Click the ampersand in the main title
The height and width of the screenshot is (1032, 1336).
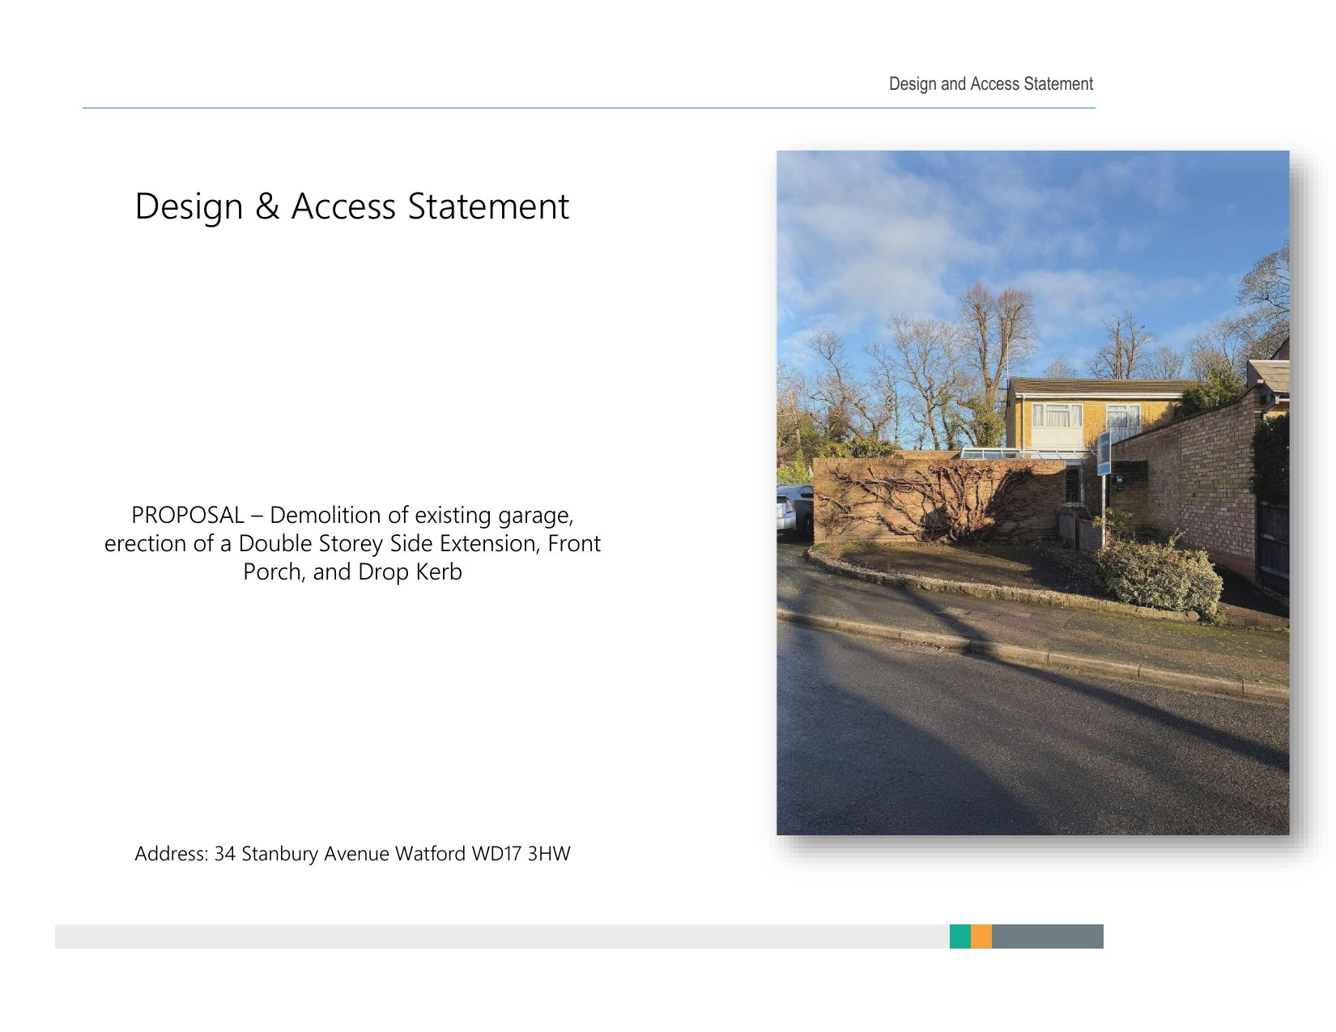click(x=267, y=206)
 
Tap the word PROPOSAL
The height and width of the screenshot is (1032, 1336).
click(x=188, y=515)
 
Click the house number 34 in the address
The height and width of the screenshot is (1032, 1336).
click(x=224, y=853)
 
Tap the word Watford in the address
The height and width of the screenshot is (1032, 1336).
click(x=430, y=853)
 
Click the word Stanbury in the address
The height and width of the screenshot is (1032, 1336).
click(x=279, y=855)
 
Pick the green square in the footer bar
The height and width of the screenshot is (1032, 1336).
click(x=959, y=936)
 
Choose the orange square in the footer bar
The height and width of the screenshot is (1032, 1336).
click(x=981, y=936)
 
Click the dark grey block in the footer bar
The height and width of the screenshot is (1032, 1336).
click(x=1047, y=936)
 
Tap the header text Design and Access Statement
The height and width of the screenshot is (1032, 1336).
click(x=990, y=84)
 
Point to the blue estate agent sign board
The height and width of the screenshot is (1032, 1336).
click(x=1104, y=453)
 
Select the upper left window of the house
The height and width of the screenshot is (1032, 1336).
click(x=1057, y=415)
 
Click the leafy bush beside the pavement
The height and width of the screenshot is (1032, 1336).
click(x=1159, y=574)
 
